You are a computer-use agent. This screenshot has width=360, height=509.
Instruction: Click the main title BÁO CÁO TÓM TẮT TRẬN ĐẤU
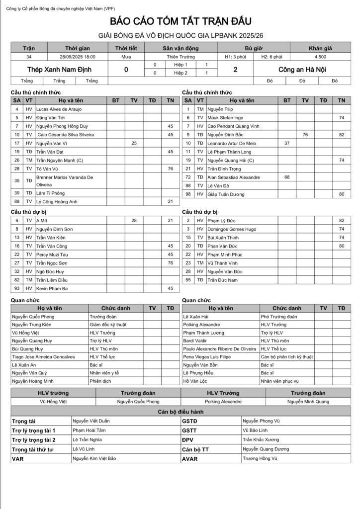pyautogui.click(x=180, y=21)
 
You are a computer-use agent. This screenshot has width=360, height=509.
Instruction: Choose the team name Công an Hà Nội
pyautogui.click(x=302, y=70)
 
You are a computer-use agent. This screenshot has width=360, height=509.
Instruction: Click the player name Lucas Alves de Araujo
pyautogui.click(x=59, y=109)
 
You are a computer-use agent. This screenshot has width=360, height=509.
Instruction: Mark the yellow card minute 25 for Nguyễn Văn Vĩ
pyautogui.click(x=134, y=143)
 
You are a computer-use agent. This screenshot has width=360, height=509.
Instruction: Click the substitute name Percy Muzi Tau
pyautogui.click(x=52, y=254)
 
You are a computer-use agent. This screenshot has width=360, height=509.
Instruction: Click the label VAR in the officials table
pyautogui.click(x=18, y=459)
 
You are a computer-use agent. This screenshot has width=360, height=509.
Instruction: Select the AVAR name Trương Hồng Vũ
pyautogui.click(x=260, y=459)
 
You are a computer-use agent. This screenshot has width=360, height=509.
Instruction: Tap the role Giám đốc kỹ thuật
pyautogui.click(x=108, y=325)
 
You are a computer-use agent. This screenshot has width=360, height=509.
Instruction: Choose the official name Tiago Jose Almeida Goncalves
pyautogui.click(x=43, y=356)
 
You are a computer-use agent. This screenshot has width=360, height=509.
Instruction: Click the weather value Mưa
pyautogui.click(x=126, y=57)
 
